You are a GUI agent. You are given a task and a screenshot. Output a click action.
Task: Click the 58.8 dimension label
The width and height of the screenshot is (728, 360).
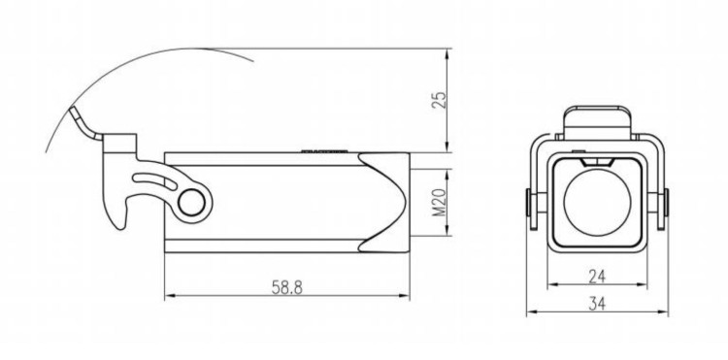287,288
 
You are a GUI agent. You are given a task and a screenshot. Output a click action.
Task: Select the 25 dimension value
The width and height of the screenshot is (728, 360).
439,100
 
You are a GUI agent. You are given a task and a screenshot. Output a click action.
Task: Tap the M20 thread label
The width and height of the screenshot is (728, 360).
439,202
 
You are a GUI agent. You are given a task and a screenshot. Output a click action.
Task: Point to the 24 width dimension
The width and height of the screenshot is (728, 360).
597,277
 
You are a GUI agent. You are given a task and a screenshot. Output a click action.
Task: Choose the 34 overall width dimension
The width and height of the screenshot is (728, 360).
597,304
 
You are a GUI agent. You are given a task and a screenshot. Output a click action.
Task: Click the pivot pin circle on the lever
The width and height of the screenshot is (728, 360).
191,203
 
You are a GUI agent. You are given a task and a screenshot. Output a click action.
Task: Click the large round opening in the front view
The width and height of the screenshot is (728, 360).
597,202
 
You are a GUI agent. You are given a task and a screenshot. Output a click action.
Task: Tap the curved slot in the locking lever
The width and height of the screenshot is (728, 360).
155,180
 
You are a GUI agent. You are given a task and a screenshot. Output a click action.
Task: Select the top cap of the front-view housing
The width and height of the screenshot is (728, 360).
597,122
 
